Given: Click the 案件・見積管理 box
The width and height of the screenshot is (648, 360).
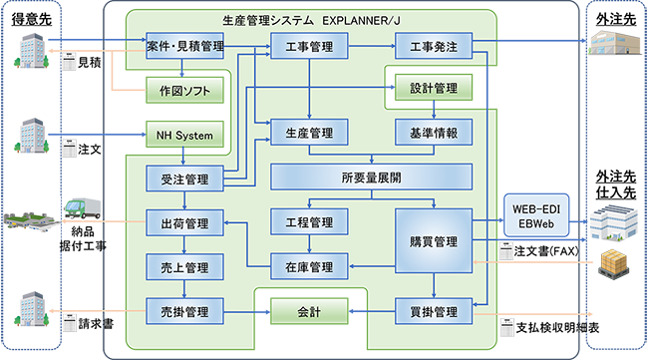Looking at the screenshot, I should pyautogui.click(x=183, y=46).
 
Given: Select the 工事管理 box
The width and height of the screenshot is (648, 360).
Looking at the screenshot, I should pyautogui.click(x=309, y=46).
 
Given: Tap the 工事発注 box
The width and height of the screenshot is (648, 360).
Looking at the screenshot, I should pyautogui.click(x=434, y=46).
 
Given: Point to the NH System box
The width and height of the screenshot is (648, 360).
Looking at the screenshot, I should pyautogui.click(x=183, y=134).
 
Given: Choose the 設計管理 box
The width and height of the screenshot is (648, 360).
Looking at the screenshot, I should pyautogui.click(x=434, y=89).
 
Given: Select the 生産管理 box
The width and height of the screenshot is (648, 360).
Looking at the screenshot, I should pyautogui.click(x=309, y=134).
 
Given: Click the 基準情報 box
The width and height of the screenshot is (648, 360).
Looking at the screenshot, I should pyautogui.click(x=434, y=134).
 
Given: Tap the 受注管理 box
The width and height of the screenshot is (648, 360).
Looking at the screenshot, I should pyautogui.click(x=183, y=180).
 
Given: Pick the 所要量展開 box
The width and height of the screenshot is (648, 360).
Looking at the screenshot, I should pyautogui.click(x=371, y=179).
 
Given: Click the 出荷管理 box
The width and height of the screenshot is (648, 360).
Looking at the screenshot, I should pyautogui.click(x=183, y=222).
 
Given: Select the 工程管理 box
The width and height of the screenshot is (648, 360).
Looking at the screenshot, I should pyautogui.click(x=309, y=222).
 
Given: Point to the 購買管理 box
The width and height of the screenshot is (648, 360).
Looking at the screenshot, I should pyautogui.click(x=434, y=242).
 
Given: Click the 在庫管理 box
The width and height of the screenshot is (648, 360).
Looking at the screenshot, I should pyautogui.click(x=309, y=266).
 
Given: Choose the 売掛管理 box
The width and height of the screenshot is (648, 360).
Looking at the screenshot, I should pyautogui.click(x=183, y=312).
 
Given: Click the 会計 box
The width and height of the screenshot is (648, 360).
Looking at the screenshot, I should pyautogui.click(x=309, y=312).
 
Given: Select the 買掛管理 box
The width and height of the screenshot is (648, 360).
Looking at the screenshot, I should pyautogui.click(x=434, y=312).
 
